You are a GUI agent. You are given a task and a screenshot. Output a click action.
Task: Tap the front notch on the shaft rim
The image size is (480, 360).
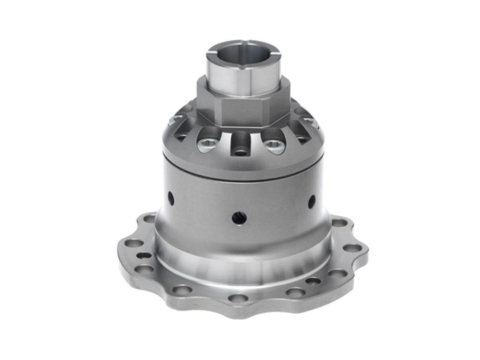243,68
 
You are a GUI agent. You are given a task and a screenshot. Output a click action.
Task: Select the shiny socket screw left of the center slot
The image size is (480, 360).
208,144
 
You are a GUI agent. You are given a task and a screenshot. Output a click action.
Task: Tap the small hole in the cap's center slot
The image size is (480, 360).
240,152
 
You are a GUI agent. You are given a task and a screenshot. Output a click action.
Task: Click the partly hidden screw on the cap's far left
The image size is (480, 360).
174,119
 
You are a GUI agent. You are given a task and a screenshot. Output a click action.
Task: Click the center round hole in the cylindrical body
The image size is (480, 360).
239,218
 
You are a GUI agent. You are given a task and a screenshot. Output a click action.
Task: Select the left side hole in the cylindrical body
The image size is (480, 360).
171,198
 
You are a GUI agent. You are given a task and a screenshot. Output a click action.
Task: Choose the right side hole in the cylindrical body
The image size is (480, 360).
312,201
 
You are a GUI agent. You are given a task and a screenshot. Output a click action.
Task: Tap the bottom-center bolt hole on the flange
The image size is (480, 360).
238,298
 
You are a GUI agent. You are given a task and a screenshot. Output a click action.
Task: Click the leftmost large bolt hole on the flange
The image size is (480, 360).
134,243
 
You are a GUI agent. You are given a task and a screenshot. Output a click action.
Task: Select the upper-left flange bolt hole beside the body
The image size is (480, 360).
150,218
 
